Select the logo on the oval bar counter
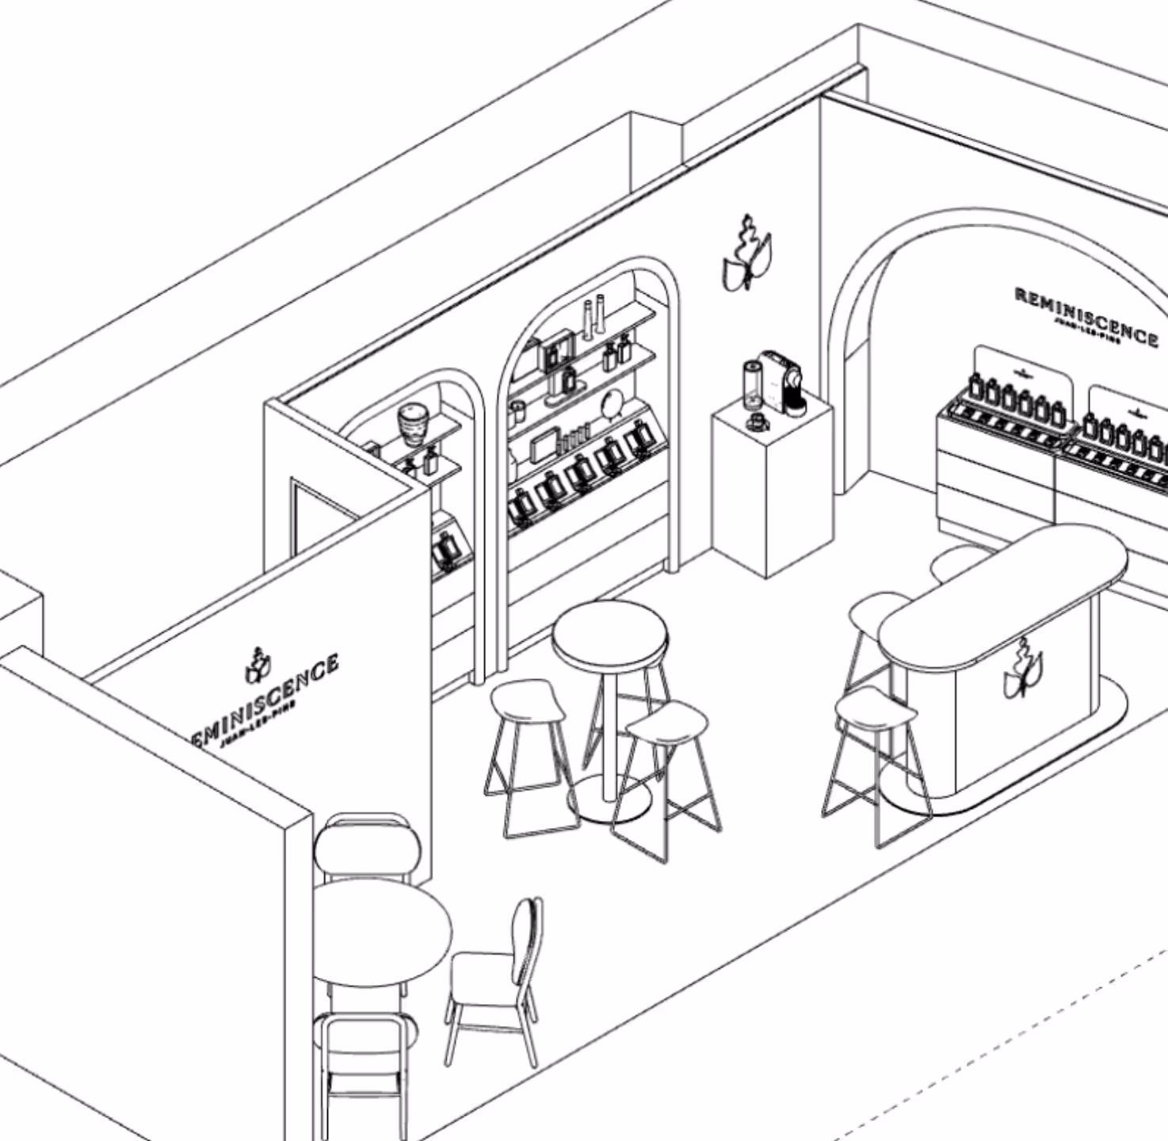[x=1023, y=670]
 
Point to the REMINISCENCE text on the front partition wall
[x=266, y=702]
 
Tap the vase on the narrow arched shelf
[x=413, y=427]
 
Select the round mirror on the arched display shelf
[x=613, y=404]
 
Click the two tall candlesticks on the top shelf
[x=594, y=317]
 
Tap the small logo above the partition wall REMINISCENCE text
[x=258, y=666]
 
